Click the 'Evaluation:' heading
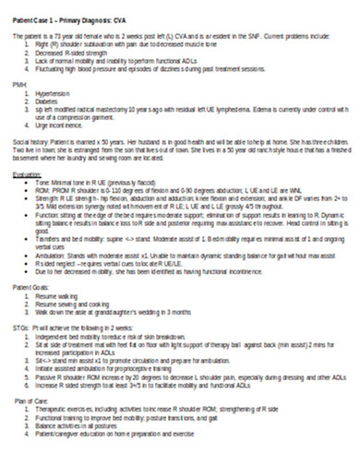[x=28, y=173]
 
